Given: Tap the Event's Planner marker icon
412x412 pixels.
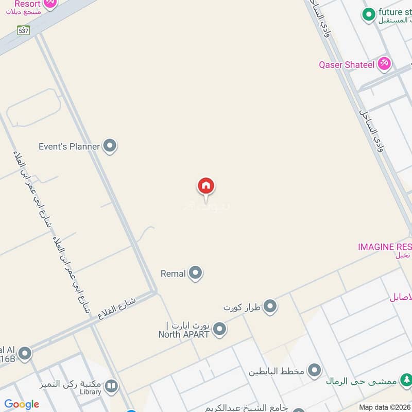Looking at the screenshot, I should pyautogui.click(x=109, y=146).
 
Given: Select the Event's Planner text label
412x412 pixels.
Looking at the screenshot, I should pyautogui.click(x=69, y=147).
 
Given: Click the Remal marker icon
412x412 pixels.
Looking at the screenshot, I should pyautogui.click(x=195, y=273).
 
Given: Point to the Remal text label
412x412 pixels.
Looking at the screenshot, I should pyautogui.click(x=173, y=274).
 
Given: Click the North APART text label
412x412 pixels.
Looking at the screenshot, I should pyautogui.click(x=183, y=334).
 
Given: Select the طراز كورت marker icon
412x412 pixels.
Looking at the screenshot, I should pyautogui.click(x=270, y=307).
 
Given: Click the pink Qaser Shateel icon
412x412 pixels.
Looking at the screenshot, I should pyautogui.click(x=384, y=64).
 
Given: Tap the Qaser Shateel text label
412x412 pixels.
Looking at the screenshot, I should pyautogui.click(x=347, y=65).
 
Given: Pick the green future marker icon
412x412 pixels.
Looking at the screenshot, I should pyautogui.click(x=368, y=14).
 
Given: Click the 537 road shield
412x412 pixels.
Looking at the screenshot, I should pyautogui.click(x=23, y=30).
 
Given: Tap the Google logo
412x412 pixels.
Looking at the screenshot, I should pyautogui.click(x=22, y=404).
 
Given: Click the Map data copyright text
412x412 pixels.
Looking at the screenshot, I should pyautogui.click(x=384, y=407).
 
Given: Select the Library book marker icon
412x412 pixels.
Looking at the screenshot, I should pyautogui.click(x=111, y=386).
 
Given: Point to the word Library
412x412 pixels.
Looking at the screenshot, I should pyautogui.click(x=91, y=392).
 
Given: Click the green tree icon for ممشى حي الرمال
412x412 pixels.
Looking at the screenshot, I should pyautogui.click(x=406, y=380).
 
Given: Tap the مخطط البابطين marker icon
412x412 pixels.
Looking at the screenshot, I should pyautogui.click(x=314, y=370).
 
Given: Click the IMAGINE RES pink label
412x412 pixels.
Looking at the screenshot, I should pyautogui.click(x=384, y=247).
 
